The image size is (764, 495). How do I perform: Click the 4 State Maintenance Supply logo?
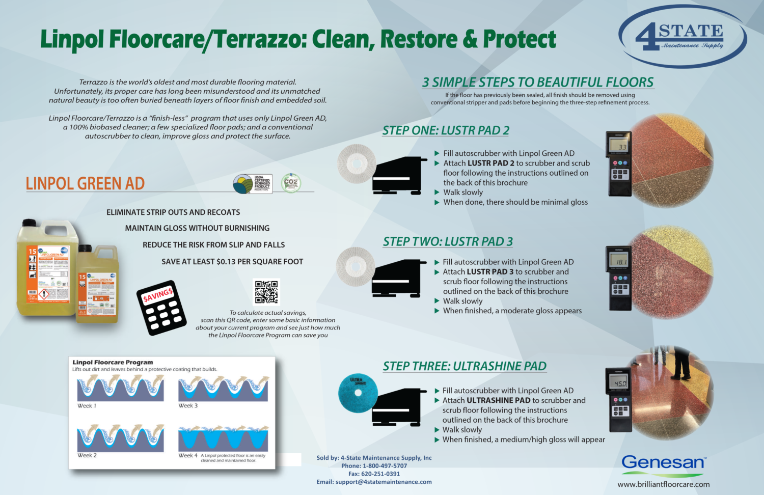point(682,37)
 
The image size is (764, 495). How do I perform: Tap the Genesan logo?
point(663,462)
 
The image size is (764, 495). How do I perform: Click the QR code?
point(266,292)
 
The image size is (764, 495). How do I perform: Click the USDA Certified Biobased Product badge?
point(253,184)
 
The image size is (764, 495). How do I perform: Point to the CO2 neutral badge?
point(291,183)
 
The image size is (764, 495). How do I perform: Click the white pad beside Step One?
point(357,163)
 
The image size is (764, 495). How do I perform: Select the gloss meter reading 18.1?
point(619,278)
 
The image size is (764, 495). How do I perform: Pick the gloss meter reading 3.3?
point(619,163)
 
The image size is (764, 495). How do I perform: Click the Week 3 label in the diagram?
point(188,406)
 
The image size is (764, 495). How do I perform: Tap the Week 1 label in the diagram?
point(87,406)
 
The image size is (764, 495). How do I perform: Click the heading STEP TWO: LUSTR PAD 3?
point(448,242)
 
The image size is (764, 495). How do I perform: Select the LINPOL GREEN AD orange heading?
point(85,184)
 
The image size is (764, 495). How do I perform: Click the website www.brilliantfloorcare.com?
point(663,484)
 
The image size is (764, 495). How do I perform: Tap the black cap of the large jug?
point(29,223)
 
